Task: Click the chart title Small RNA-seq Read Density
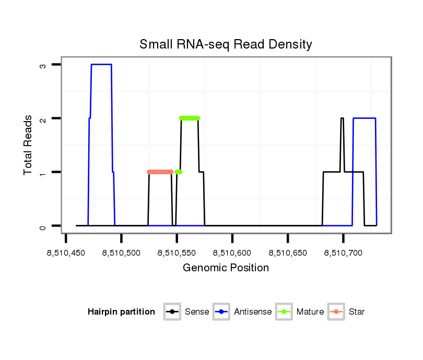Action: click(x=226, y=44)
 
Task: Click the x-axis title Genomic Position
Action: click(x=226, y=268)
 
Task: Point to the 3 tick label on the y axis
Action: click(x=43, y=65)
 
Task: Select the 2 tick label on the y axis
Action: click(x=43, y=119)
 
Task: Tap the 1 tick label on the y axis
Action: click(x=43, y=173)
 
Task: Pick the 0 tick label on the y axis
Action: click(x=43, y=226)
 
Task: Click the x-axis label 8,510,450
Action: click(x=66, y=253)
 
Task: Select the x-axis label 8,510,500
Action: click(x=121, y=253)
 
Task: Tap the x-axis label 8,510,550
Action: click(x=177, y=253)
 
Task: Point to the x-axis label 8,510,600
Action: click(x=232, y=253)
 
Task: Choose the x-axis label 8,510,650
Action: click(x=288, y=253)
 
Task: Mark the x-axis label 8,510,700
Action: click(x=343, y=253)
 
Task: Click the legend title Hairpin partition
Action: click(x=121, y=312)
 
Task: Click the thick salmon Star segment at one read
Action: click(x=160, y=172)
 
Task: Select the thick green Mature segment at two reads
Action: click(x=190, y=118)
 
